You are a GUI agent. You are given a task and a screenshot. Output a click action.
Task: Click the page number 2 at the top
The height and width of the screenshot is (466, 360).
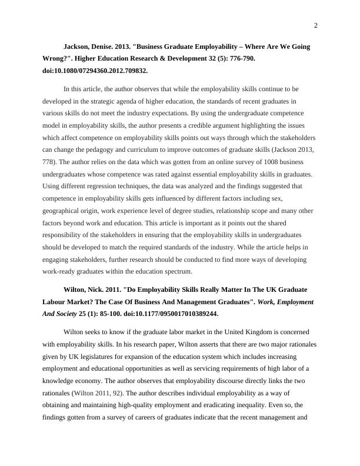coord(316,25)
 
